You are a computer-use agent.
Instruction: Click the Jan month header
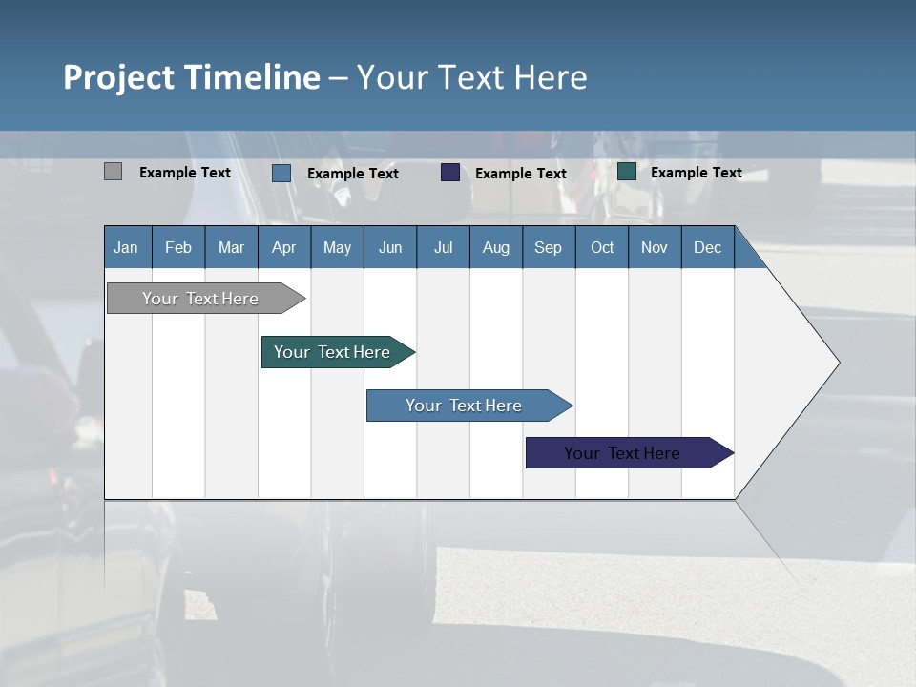[x=127, y=247]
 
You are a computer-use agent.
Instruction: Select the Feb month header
[x=178, y=247]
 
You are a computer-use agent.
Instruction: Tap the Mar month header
[x=231, y=247]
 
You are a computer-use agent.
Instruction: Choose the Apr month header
[x=284, y=247]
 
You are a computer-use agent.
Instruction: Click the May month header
[x=337, y=247]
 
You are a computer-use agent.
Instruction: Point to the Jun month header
[x=390, y=247]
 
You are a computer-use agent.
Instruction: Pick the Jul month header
[x=443, y=247]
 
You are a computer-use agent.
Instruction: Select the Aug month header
[x=496, y=247]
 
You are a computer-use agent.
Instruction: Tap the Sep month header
[x=549, y=247]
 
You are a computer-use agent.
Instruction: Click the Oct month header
[x=602, y=247]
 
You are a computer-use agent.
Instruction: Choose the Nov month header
[x=655, y=247]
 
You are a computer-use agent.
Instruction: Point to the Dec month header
[x=708, y=247]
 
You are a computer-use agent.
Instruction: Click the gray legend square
[x=113, y=172]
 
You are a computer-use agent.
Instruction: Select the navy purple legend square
[x=450, y=173]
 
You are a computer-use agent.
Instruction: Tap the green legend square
[x=627, y=172]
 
